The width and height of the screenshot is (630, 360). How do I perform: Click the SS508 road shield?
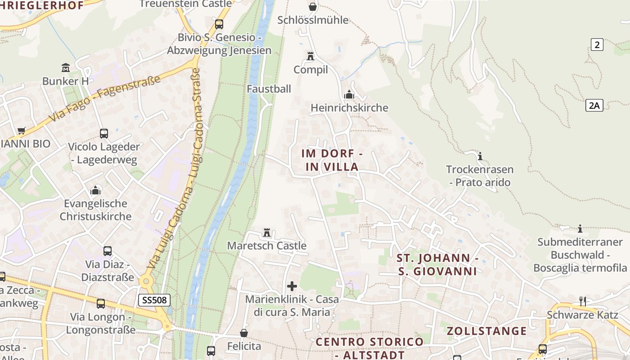coord(154,300)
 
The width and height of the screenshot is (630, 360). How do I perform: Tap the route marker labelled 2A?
coord(594,105)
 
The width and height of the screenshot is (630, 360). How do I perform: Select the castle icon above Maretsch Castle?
coord(267,233)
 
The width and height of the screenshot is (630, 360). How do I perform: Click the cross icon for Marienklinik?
coord(292,286)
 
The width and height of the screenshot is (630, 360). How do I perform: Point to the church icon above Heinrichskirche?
coord(349,94)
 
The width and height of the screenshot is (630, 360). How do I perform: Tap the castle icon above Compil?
coord(310,56)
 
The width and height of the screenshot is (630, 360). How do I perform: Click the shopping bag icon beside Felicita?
coord(243,333)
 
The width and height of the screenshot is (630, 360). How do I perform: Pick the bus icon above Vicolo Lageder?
coord(104,133)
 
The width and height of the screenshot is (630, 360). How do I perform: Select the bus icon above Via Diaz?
coord(108,251)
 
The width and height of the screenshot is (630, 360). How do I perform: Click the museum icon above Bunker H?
coord(66,68)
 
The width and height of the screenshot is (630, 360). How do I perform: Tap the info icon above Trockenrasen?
coord(480,156)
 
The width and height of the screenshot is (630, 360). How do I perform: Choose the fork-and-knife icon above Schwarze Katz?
coord(582,301)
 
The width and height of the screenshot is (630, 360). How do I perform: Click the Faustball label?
coord(269,89)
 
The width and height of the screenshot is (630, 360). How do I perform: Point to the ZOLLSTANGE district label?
coord(486,331)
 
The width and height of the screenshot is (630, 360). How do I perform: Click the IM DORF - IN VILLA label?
coord(332,160)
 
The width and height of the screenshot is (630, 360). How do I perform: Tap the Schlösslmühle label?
coord(313,20)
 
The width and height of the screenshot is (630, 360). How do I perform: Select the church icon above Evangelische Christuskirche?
coord(95,190)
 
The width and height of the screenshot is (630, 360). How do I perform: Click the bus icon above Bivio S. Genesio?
coord(219,24)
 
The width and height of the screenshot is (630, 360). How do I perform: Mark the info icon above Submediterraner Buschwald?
coord(580,229)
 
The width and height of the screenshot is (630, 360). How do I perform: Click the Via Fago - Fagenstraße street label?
coord(104,99)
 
